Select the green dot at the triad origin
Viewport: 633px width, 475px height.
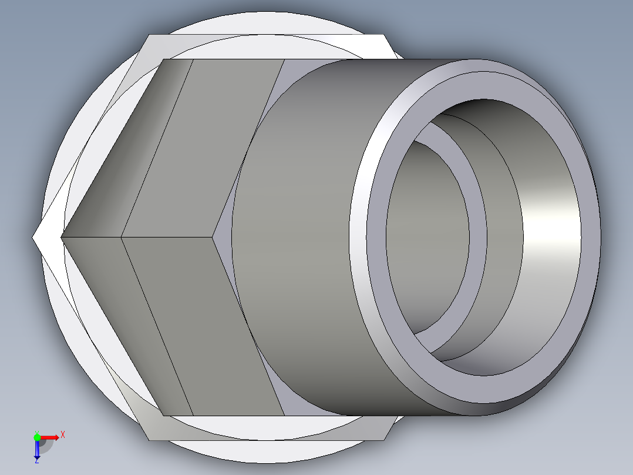pyautogui.click(x=37, y=437)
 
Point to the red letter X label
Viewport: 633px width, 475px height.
pyautogui.click(x=62, y=434)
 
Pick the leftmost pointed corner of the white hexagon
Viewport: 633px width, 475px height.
pyautogui.click(x=33, y=237)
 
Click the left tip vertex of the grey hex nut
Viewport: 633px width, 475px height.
pyautogui.click(x=62, y=237)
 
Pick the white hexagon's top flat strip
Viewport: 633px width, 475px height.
pyautogui.click(x=264, y=47)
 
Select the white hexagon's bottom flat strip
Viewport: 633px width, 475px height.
pyautogui.click(x=264, y=428)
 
